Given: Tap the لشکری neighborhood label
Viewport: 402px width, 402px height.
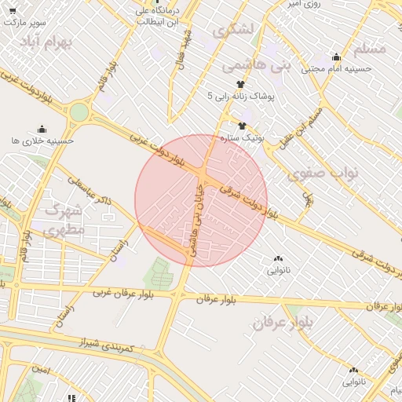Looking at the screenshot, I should pyautogui.click(x=233, y=31).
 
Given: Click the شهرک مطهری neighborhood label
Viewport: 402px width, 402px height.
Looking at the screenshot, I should pyautogui.click(x=65, y=221).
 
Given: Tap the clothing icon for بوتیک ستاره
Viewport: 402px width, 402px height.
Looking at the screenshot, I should pyautogui.click(x=242, y=125).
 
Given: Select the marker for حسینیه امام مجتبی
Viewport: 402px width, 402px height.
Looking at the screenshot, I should pyautogui.click(x=337, y=57).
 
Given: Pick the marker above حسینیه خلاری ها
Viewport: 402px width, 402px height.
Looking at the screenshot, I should pyautogui.click(x=42, y=129).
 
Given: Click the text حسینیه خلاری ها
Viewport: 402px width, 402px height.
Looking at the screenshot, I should pyautogui.click(x=42, y=141).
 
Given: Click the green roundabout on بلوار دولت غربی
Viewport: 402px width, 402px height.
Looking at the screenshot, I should pyautogui.click(x=79, y=112).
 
